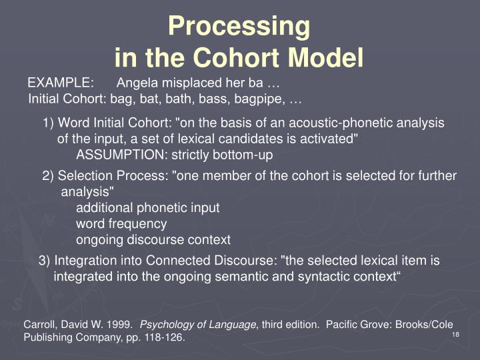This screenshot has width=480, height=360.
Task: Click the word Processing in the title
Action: tap(239, 26)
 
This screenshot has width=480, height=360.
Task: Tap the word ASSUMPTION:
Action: tap(122, 155)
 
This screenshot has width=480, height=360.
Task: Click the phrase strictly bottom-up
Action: tap(223, 155)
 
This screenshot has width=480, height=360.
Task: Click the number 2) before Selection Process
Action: tap(49, 176)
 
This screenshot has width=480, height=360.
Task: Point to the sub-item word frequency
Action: tap(121, 223)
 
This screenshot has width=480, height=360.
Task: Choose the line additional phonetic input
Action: tap(147, 207)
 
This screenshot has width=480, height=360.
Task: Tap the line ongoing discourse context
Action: tap(153, 239)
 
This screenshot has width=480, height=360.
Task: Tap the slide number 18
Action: tap(456, 333)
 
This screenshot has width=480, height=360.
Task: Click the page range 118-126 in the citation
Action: tap(162, 338)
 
